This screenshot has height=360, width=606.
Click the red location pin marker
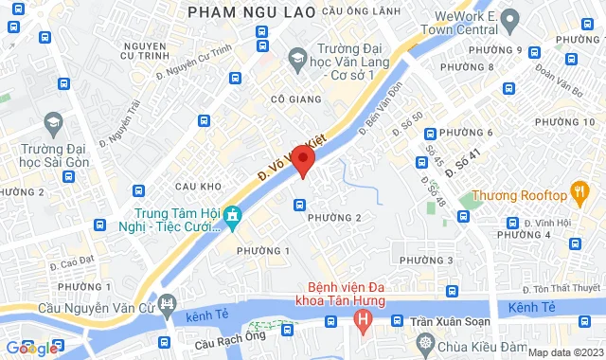(303, 160)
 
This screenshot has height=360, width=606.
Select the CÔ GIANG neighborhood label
(291, 98)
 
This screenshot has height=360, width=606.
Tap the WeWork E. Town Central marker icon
(508, 19)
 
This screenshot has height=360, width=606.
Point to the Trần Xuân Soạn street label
(447, 321)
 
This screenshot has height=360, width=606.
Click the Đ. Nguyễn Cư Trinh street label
(194, 60)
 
